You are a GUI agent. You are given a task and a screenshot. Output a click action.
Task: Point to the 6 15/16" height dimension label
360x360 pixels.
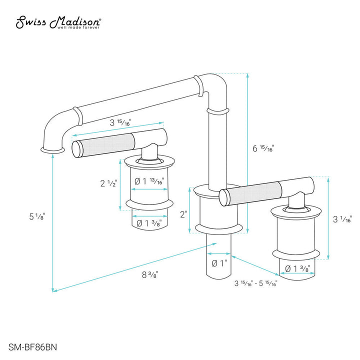pyautogui.click(x=263, y=148)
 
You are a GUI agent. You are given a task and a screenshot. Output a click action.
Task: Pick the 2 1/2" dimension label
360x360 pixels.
pyautogui.click(x=108, y=183)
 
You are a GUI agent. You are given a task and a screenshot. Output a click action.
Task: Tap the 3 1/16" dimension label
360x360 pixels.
pyautogui.click(x=342, y=218)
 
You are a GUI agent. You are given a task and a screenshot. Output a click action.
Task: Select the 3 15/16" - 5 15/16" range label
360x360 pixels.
pyautogui.click(x=255, y=283)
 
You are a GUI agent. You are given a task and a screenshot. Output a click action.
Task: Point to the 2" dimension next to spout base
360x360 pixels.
pyautogui.click(x=184, y=214)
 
